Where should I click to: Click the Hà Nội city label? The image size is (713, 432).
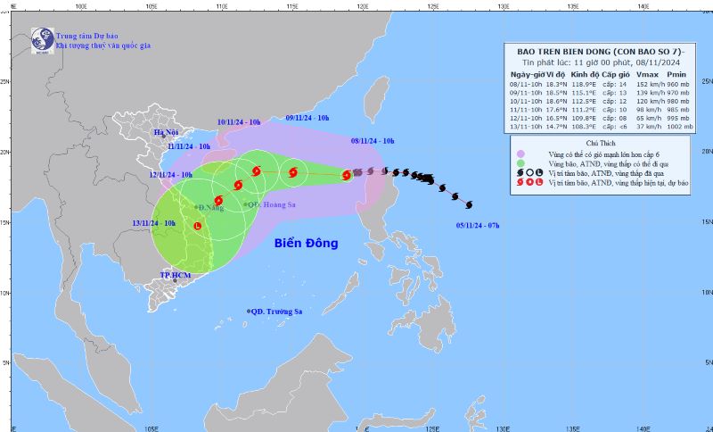click(166, 133)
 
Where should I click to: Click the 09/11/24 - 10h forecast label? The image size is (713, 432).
click(307, 118)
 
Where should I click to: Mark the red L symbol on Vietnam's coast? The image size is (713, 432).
click(197, 227)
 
